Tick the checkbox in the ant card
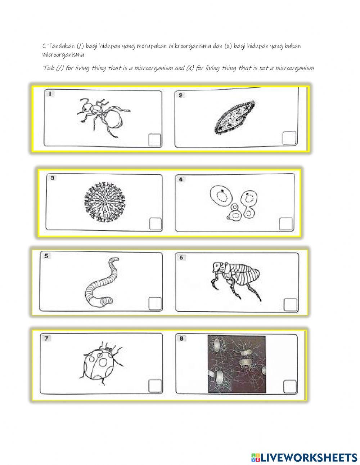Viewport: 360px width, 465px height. pos(154,140)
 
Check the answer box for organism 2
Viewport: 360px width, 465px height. pos(289,138)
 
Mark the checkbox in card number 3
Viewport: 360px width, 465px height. pos(155,224)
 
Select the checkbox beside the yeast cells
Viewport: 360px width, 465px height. pos(286,224)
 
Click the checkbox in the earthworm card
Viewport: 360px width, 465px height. pos(155,303)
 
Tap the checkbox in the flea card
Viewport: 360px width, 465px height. pos(290,305)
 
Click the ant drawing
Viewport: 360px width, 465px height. pos(103,117)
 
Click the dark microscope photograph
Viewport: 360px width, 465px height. pos(237,364)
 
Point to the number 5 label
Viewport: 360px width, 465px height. pos(46,256)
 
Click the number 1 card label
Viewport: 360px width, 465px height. pos(50,94)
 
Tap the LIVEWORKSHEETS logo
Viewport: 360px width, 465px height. pos(304,452)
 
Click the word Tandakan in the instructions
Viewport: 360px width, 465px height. pos(61,46)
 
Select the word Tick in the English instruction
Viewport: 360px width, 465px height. pos(49,68)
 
